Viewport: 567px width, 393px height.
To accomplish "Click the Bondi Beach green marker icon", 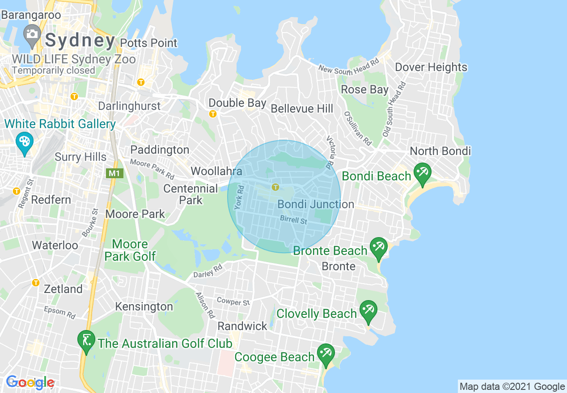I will (x=422, y=173).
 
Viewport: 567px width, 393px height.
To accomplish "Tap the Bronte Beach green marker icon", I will (x=379, y=248).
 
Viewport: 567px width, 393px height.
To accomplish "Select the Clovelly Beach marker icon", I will (x=368, y=311).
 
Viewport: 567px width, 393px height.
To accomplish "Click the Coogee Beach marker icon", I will (x=326, y=354).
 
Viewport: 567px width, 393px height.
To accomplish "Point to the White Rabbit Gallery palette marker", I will (x=24, y=142).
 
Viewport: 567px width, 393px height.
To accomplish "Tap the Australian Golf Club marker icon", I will (x=86, y=341).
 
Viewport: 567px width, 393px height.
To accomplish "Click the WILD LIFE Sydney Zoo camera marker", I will (x=32, y=35).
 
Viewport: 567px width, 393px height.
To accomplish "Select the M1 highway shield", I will (x=115, y=173).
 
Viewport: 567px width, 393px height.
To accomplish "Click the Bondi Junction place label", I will (x=316, y=205).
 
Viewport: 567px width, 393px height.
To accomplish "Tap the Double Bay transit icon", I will (x=213, y=114).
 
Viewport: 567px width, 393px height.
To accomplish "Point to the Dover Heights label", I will (x=431, y=67).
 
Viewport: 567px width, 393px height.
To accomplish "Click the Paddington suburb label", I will (x=160, y=150).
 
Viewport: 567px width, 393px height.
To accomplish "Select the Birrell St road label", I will (x=294, y=220).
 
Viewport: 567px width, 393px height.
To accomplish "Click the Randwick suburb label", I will (x=242, y=326).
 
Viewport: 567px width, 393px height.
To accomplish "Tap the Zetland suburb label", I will (x=63, y=289).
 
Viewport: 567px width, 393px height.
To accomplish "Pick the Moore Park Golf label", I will (x=130, y=250).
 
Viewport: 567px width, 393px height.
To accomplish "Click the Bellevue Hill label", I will (x=302, y=109).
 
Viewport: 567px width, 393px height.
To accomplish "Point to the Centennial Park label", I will (x=191, y=194).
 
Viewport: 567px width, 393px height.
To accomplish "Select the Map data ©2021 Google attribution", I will (x=512, y=386).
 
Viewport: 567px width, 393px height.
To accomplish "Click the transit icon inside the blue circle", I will (x=275, y=187).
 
